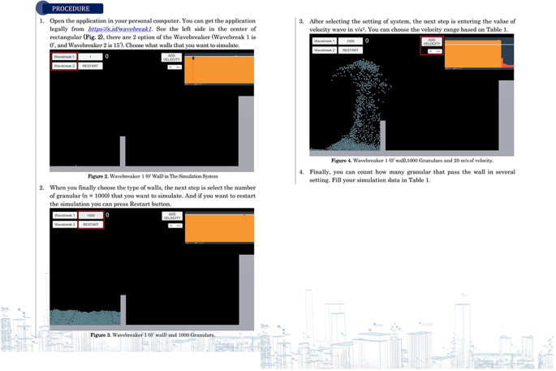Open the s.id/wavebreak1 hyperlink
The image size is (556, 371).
pos(119,29)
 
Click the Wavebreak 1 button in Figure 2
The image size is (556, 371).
pos(64,57)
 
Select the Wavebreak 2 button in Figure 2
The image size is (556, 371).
pos(64,66)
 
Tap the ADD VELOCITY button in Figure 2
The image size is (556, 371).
pos(171,58)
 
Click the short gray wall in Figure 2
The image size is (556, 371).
pos(123,151)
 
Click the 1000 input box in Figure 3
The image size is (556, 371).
pos(91,215)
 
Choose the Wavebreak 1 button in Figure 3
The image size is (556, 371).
pos(64,215)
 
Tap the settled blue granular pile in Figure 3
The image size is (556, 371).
pos(85,317)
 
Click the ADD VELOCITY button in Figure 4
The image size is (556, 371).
pos(431,41)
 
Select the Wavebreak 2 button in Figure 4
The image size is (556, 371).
pos(324,50)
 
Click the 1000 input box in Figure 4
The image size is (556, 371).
pos(351,41)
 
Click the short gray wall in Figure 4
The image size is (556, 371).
pos(382,136)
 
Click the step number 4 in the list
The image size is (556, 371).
pos(301,172)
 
